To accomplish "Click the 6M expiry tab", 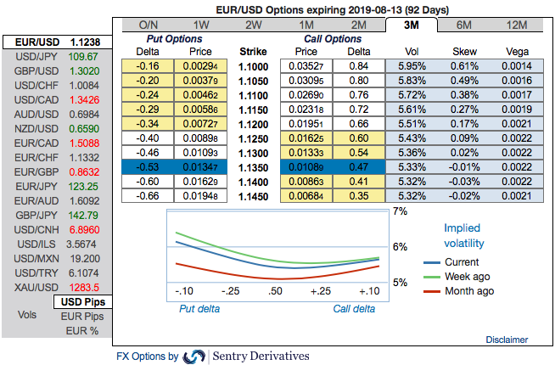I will point(464,25).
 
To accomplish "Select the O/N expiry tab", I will point(149,25).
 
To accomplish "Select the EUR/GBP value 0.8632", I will point(86,171).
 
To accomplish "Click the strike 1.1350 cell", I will point(253,167).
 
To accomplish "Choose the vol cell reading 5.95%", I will point(410,66).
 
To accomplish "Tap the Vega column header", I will point(517,51).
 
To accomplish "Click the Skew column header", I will point(464,51).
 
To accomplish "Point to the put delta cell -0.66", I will point(149,196).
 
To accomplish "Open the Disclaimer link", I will point(506,340).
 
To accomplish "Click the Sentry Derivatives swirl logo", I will point(194,357).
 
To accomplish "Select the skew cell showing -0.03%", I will point(464,182).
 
